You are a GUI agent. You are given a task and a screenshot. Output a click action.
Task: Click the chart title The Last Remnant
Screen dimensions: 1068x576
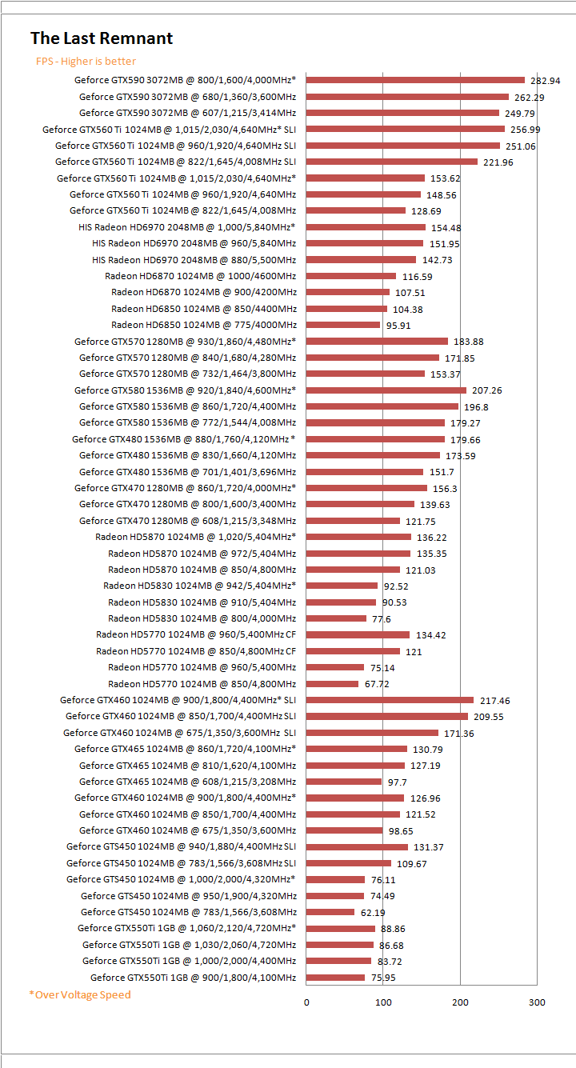(102, 38)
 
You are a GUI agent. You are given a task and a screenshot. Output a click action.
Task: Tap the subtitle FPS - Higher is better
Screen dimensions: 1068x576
(86, 62)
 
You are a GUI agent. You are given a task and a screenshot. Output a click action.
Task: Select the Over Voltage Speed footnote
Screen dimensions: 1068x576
(80, 994)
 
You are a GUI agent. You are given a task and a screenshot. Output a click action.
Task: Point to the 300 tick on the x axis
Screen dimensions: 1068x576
(537, 1002)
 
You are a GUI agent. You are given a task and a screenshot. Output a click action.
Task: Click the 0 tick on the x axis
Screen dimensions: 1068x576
(306, 1002)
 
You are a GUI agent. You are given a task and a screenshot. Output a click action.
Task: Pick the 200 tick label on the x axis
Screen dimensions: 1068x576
(460, 1002)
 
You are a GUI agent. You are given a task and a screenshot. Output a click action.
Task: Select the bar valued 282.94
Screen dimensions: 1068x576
(415, 80)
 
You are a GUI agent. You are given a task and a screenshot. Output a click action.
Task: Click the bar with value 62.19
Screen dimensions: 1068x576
(330, 912)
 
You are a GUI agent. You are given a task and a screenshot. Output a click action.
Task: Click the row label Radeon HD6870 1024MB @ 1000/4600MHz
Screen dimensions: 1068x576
(200, 276)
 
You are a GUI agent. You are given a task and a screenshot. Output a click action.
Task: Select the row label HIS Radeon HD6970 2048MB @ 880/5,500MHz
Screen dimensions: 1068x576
(194, 260)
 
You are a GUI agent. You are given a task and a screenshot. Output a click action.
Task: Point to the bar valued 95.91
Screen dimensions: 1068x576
(343, 325)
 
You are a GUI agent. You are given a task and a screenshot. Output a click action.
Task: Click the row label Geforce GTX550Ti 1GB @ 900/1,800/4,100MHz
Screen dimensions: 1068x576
(193, 978)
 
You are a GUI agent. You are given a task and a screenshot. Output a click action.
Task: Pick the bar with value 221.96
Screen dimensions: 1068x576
(392, 162)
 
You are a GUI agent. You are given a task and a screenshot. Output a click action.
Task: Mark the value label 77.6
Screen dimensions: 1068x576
(381, 619)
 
